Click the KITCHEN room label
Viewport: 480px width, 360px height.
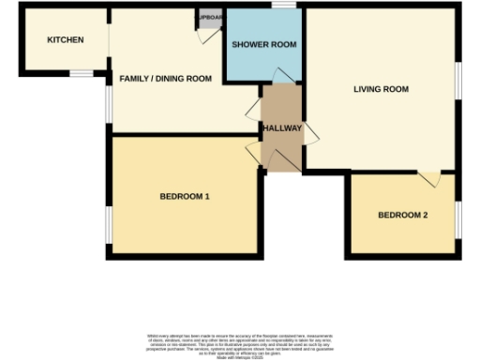click(66, 40)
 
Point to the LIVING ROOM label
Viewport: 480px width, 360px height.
click(381, 90)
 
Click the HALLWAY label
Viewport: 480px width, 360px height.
click(282, 127)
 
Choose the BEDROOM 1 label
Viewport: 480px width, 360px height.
click(184, 197)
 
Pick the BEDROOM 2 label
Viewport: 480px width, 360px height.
click(402, 216)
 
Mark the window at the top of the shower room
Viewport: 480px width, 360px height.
click(279, 7)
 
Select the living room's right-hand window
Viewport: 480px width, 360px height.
click(458, 90)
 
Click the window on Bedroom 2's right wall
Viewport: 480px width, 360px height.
click(458, 217)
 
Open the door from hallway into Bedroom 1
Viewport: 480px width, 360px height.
click(253, 154)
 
